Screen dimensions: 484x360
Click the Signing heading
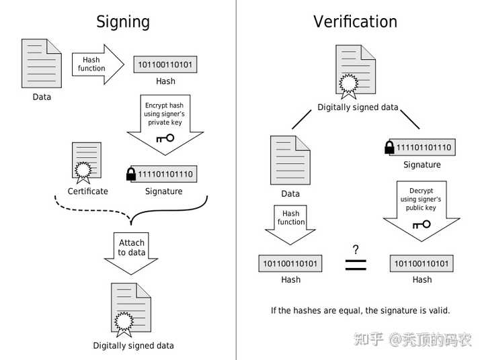pos(123,22)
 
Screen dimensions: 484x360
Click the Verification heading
pos(356,21)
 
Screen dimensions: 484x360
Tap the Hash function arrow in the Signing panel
pos(98,64)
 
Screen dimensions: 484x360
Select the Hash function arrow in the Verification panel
pos(290,225)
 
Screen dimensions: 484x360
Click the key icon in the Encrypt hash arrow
pos(165,138)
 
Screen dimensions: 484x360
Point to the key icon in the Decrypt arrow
pos(421,224)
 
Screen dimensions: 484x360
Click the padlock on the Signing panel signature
pos(131,174)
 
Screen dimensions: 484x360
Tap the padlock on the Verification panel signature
pos(389,147)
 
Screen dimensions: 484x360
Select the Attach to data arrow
pos(131,254)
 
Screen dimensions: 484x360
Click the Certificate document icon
pos(87,163)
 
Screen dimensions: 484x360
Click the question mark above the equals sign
pos(356,249)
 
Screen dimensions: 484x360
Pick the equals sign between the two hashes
pos(356,265)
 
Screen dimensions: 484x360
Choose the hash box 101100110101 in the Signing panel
pos(165,64)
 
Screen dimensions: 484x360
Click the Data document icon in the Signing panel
pos(42,63)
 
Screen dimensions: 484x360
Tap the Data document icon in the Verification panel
pos(290,160)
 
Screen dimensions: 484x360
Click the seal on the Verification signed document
pos(349,84)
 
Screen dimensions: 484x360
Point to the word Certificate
pos(87,191)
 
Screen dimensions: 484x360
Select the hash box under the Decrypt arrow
pos(421,263)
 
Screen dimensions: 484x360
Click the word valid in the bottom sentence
pos(439,310)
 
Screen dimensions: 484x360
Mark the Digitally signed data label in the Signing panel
pos(133,346)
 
